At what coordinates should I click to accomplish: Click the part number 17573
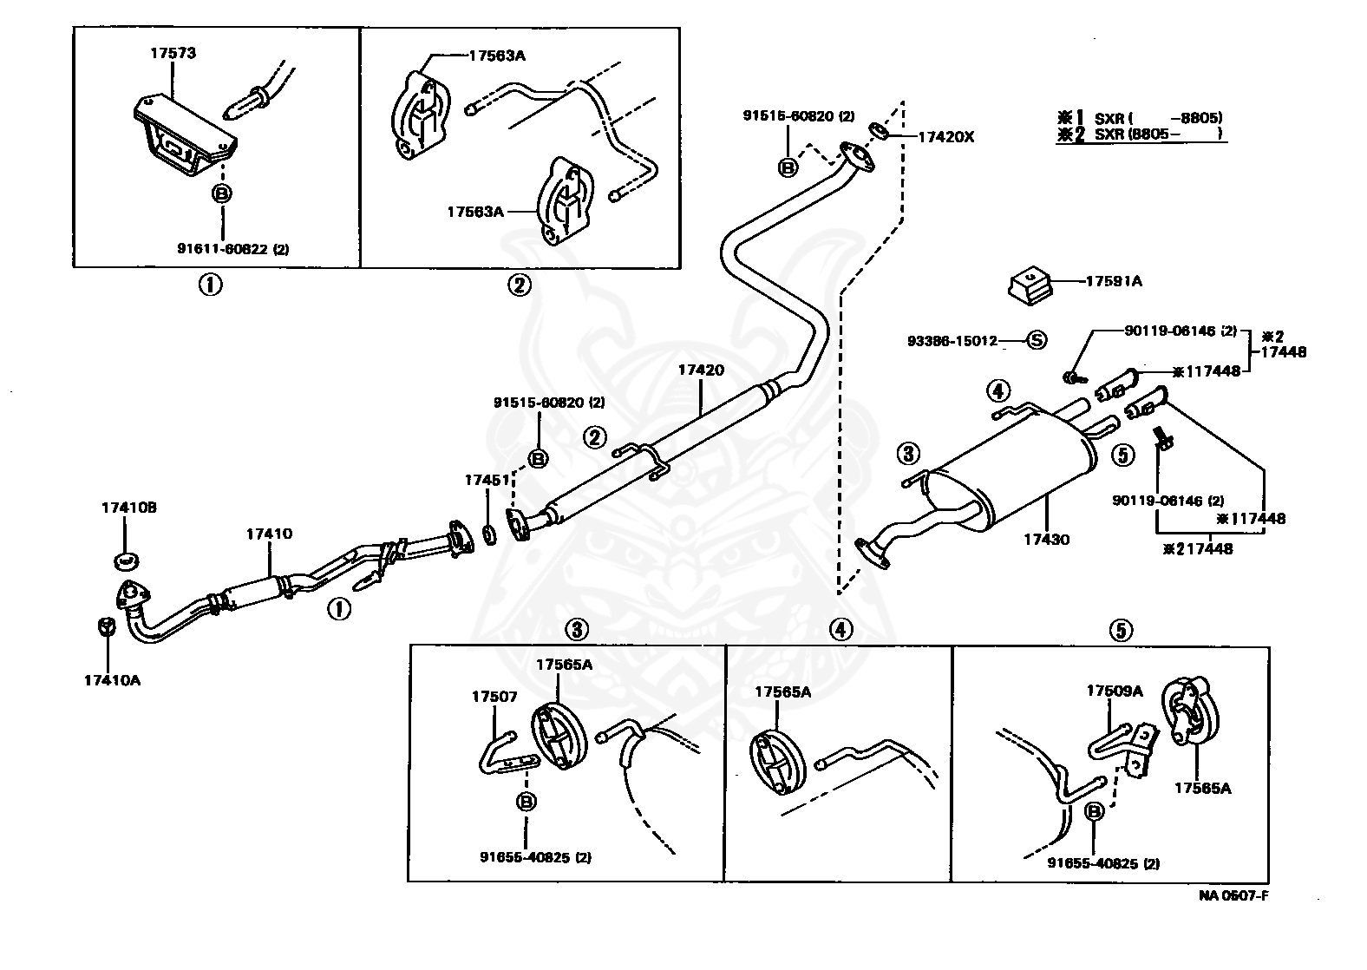click(173, 53)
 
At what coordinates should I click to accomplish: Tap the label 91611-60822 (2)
click(232, 249)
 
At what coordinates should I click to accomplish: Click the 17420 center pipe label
click(701, 370)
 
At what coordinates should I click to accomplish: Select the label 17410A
click(112, 680)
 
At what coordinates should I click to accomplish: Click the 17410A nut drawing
click(103, 627)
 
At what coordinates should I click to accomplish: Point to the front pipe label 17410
click(269, 534)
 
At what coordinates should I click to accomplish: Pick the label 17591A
click(1114, 281)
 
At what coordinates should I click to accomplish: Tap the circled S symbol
click(1037, 341)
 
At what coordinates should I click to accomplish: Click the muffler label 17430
click(1046, 540)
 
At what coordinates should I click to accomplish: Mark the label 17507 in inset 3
click(494, 696)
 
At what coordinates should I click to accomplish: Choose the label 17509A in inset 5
click(1115, 691)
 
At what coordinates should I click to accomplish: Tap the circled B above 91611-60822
click(222, 194)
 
